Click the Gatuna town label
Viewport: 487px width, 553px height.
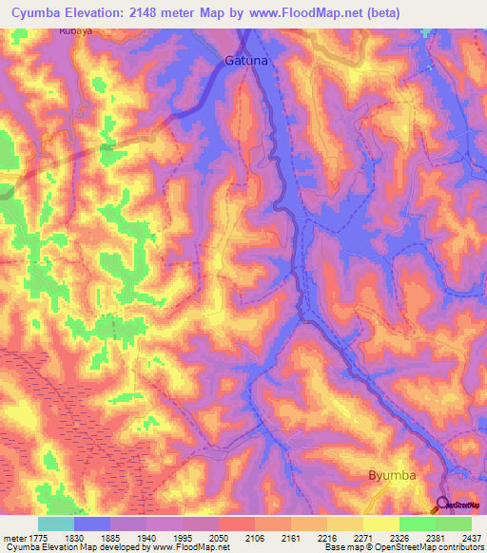[246, 60]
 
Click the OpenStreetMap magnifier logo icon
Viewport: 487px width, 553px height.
[442, 504]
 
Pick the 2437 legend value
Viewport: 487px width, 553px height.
[471, 537]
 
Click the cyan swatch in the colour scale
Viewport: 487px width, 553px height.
[56, 524]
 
